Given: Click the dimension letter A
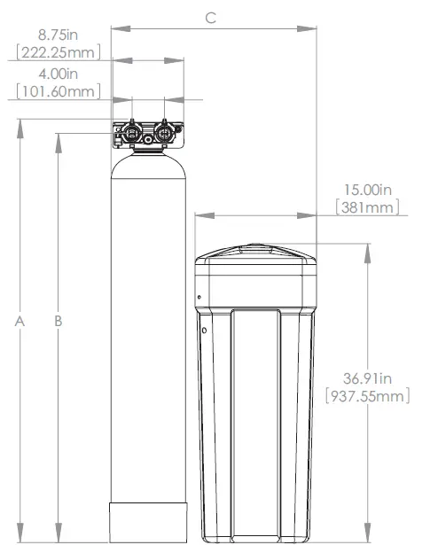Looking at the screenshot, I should click(x=20, y=322).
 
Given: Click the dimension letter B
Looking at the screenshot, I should click(x=59, y=322).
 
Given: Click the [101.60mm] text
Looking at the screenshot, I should click(x=58, y=90).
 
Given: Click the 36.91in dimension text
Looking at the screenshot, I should click(x=368, y=378).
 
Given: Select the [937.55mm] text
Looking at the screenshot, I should click(x=368, y=395).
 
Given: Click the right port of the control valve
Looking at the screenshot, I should click(x=163, y=135).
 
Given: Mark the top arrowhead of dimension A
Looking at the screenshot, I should click(x=20, y=125).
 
